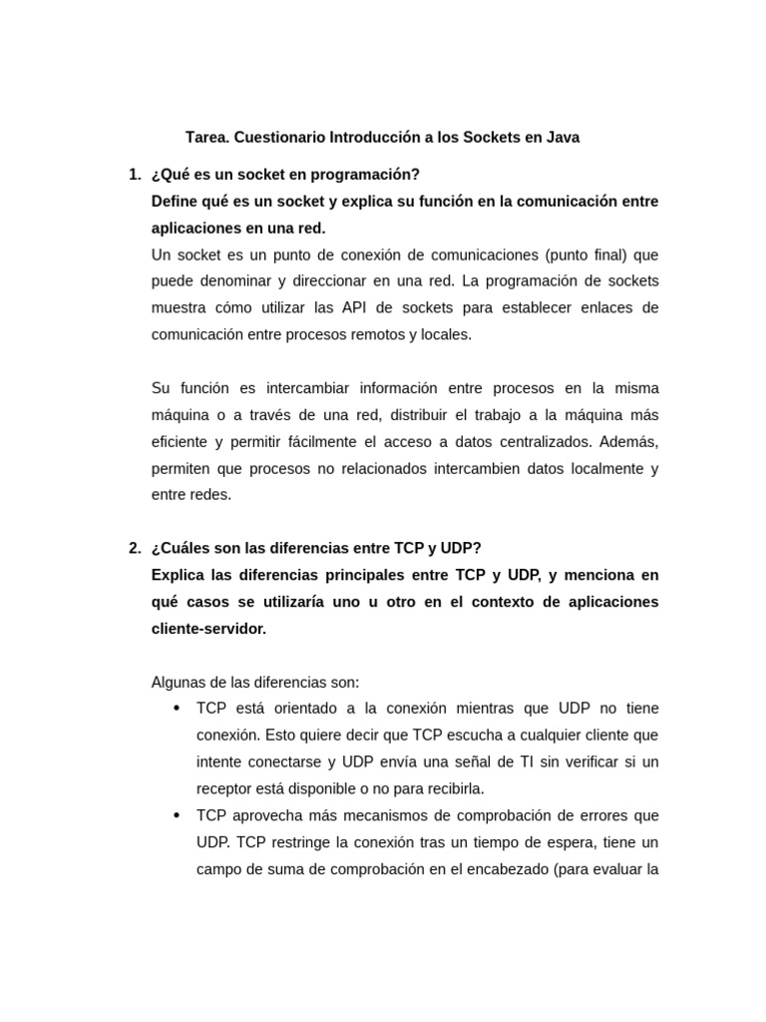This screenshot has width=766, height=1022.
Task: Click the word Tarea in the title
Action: coord(206,138)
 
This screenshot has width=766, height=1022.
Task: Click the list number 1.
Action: coord(134,175)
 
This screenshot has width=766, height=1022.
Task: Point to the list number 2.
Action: coord(134,548)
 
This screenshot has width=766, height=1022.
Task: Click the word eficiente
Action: coord(180,442)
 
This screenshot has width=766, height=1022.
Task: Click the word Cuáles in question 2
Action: coord(187,548)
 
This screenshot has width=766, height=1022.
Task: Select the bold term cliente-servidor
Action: coord(208,629)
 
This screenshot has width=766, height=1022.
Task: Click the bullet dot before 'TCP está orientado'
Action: coord(177,709)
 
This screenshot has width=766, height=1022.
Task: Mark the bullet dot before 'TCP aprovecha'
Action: coord(177,815)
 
